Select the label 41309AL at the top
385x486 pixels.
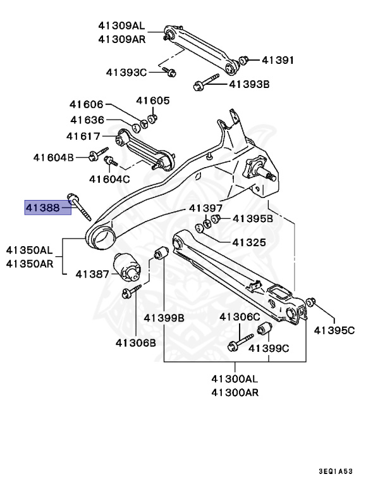tap(121, 26)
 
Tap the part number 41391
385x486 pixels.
tap(278, 60)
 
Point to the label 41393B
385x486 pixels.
tap(249, 83)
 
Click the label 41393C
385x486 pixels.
tap(126, 72)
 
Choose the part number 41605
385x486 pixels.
tap(153, 100)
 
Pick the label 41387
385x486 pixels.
tap(92, 274)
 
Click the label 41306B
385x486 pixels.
tap(135, 342)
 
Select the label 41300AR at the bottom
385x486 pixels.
tap(235, 393)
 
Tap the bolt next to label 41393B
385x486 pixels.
tap(206, 82)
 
